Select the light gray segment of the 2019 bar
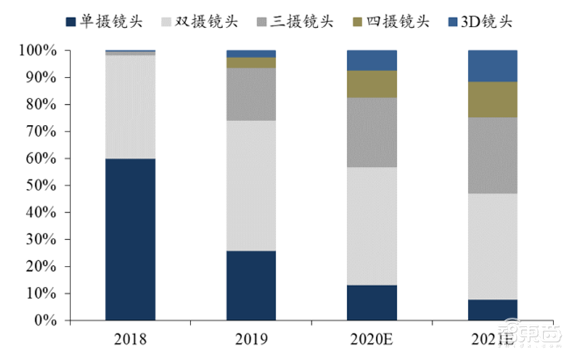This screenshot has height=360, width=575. [251, 185]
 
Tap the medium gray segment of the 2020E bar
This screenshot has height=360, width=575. [372, 132]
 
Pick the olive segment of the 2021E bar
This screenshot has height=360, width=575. [492, 99]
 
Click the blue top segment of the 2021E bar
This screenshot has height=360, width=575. [492, 66]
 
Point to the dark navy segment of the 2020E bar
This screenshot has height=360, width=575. [372, 303]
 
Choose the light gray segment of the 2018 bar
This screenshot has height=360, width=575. [130, 106]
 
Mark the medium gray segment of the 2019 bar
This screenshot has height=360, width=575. [251, 94]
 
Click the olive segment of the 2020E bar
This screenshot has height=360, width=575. [372, 84]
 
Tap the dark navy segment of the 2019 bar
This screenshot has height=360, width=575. [251, 285]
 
